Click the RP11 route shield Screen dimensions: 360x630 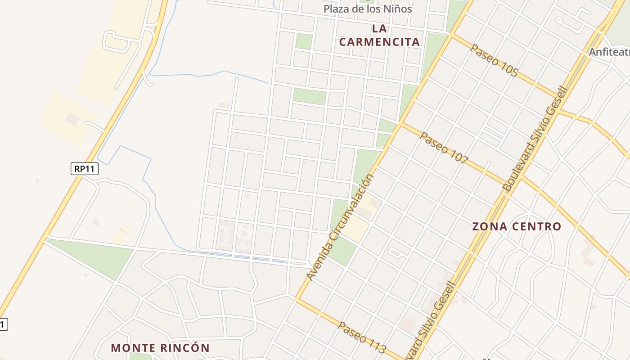point(84,169)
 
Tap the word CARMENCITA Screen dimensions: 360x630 point(379,42)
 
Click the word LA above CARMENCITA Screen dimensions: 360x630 point(379,28)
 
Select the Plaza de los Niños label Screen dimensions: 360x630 point(368,9)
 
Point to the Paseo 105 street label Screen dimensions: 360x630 point(494,60)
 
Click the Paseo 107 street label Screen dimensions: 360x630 point(444,148)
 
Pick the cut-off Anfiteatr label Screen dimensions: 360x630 point(609,52)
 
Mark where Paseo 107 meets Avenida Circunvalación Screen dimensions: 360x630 point(400,123)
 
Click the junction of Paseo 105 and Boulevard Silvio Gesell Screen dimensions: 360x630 point(559,96)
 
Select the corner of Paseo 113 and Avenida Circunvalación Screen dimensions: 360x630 point(297,298)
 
